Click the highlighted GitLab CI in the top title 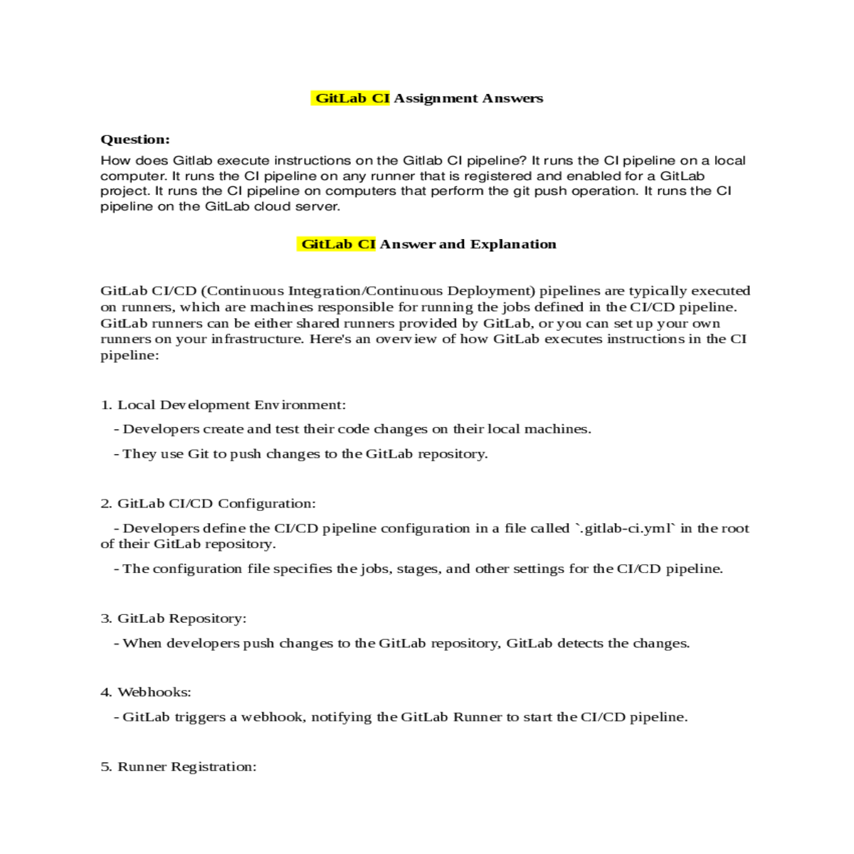tap(351, 98)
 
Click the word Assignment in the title tap(436, 98)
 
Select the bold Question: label tap(135, 139)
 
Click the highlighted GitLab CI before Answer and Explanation tap(337, 244)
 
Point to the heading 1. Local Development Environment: tap(223, 405)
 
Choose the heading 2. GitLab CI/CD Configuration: tap(208, 503)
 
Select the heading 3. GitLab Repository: tap(173, 618)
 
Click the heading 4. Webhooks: tap(145, 692)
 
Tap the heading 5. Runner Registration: tap(178, 766)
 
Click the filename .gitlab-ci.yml tap(625, 528)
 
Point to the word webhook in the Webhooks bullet tap(273, 717)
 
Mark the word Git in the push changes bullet tap(198, 454)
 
